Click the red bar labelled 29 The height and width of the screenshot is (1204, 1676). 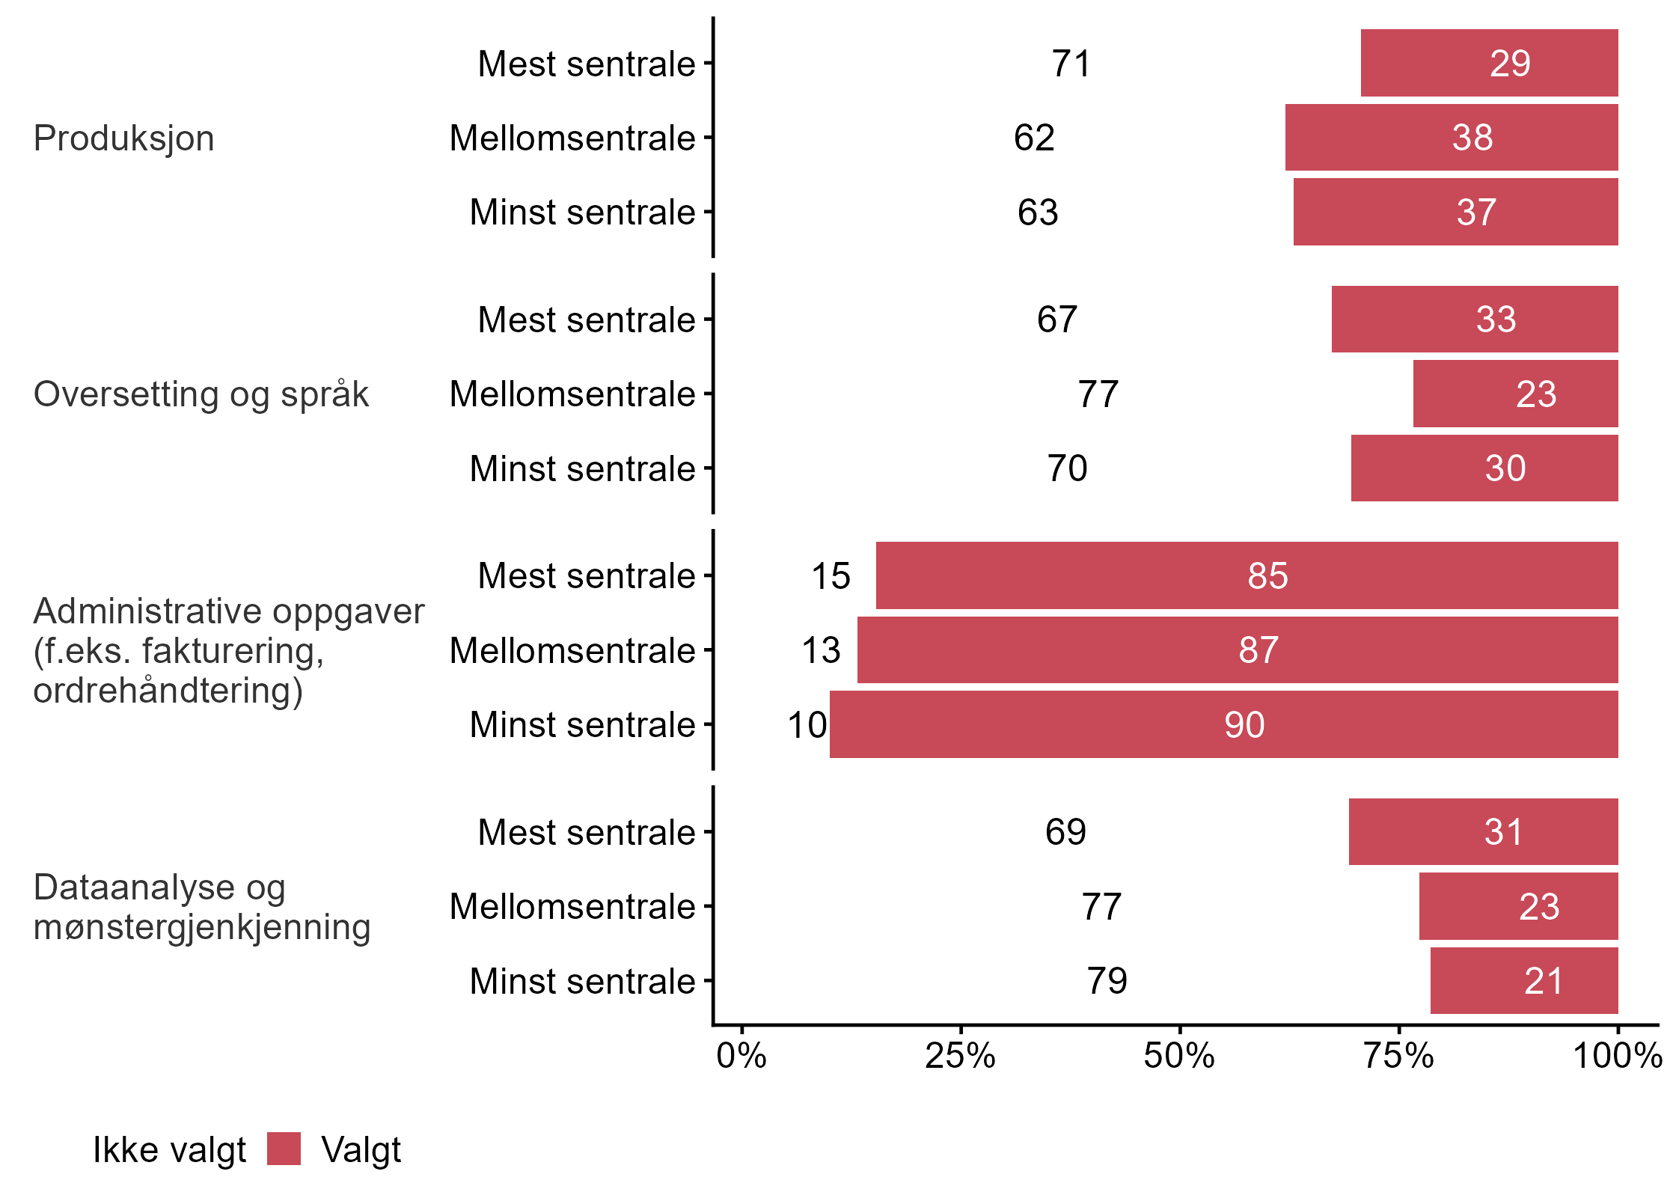coord(1489,63)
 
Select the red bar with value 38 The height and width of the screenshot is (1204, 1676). coord(1452,138)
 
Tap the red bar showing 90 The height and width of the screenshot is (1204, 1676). coord(1223,724)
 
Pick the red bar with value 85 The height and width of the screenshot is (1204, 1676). coord(1247,575)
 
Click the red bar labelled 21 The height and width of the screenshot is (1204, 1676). coord(1524,981)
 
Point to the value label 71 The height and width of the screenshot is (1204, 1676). coord(1071,64)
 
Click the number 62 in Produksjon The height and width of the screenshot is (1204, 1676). coord(1034,138)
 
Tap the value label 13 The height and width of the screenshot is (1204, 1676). coord(821,650)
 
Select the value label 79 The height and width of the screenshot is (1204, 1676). coord(1107,981)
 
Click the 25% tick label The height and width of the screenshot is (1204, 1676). coord(960,1056)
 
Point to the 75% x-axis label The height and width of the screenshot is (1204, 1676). coord(1398,1056)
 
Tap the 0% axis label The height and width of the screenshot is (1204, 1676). coord(741,1056)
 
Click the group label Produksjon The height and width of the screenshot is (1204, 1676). coord(124,138)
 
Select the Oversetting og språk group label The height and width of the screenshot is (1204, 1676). coord(201,394)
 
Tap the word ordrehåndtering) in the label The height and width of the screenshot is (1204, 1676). coord(168,690)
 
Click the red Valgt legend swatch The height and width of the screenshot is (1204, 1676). coord(284,1149)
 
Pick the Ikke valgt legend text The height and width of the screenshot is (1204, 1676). coord(169,1150)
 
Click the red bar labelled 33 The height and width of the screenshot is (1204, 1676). coord(1474,320)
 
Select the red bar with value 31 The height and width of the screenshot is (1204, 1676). coord(1483,832)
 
